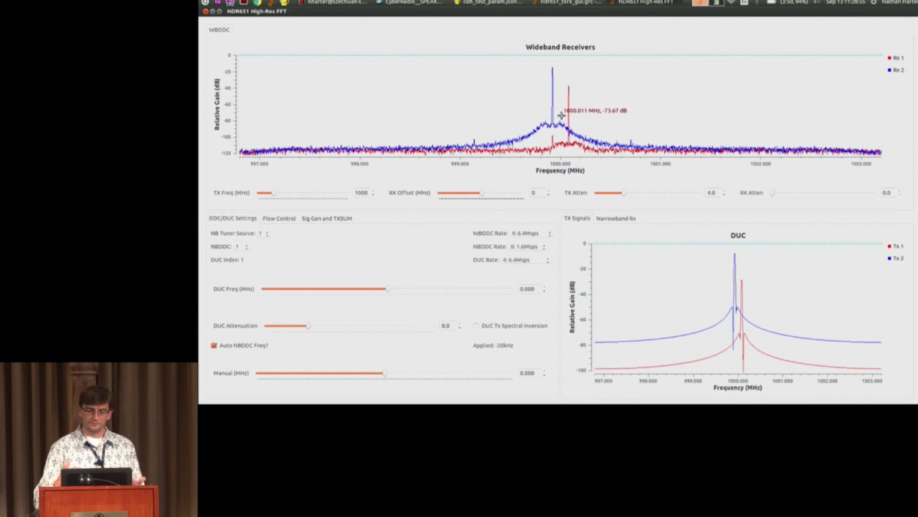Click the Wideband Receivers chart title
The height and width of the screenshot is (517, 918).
click(x=560, y=47)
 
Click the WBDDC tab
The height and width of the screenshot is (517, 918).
click(x=219, y=30)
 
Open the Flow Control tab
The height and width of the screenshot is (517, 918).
click(x=279, y=218)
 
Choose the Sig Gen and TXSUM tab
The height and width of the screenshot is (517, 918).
click(x=326, y=218)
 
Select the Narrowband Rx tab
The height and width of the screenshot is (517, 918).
click(x=615, y=218)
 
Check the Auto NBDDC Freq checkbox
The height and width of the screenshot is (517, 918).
click(x=214, y=345)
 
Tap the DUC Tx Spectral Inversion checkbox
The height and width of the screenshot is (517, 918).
click(x=476, y=326)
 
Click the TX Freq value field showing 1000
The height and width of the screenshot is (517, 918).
click(x=361, y=193)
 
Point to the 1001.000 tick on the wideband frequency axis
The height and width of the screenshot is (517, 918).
click(x=660, y=164)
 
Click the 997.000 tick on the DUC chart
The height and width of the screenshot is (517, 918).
click(x=603, y=381)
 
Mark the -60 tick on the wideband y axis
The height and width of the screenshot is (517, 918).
click(x=227, y=104)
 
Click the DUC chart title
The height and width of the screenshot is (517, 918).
click(x=737, y=236)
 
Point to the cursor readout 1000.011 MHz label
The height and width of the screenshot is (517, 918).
click(x=595, y=111)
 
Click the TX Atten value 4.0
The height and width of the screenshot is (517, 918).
click(x=711, y=193)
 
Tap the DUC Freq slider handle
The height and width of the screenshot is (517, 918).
click(x=387, y=289)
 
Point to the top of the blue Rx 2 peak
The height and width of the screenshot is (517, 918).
click(x=552, y=69)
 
